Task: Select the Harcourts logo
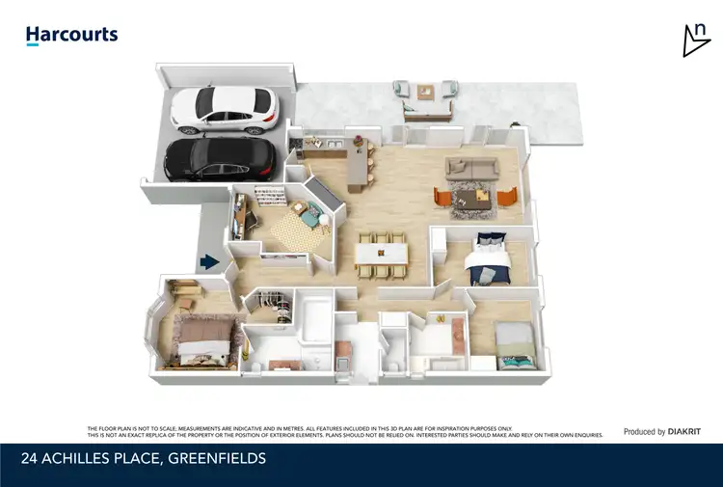tap(71, 36)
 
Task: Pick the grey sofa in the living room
tap(471, 168)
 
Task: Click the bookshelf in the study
tap(269, 199)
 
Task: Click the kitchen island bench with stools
tap(357, 159)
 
